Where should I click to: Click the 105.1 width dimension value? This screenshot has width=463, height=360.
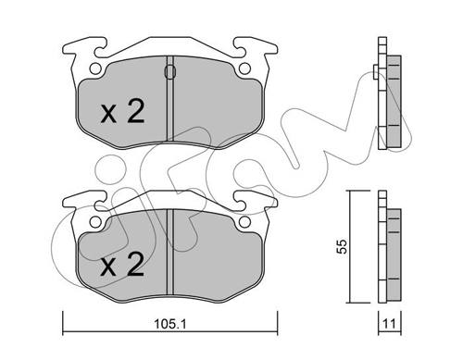pyautogui.click(x=170, y=324)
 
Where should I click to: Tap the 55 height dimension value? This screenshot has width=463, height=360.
pyautogui.click(x=342, y=246)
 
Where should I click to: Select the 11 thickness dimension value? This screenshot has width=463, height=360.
pyautogui.click(x=389, y=324)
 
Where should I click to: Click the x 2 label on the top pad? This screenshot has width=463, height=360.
pyautogui.click(x=123, y=112)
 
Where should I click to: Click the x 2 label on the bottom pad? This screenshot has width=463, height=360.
pyautogui.click(x=123, y=264)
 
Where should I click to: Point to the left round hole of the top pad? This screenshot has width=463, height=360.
pyautogui.click(x=95, y=68)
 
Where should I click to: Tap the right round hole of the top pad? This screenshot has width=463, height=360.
pyautogui.click(x=244, y=68)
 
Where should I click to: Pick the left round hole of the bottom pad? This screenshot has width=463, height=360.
pyautogui.click(x=95, y=221)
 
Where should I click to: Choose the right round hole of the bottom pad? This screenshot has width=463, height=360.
pyautogui.click(x=244, y=221)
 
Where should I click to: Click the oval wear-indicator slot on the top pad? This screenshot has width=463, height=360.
pyautogui.click(x=170, y=72)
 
